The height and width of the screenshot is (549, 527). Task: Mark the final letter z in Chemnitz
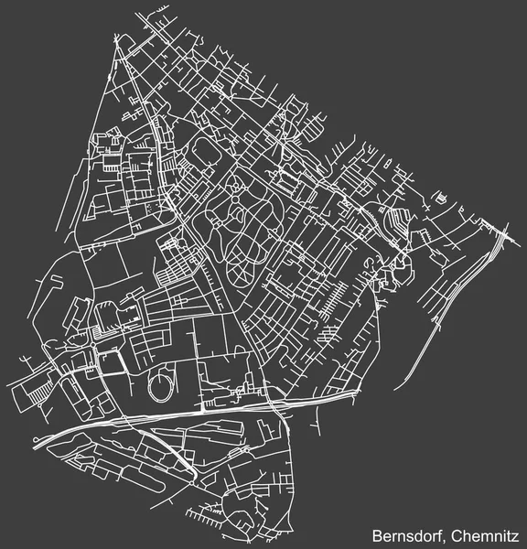517,533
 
